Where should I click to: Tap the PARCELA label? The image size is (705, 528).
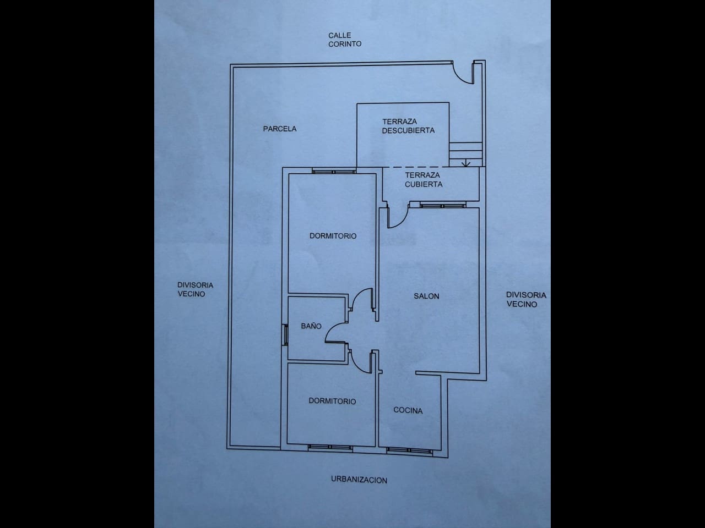point(280,129)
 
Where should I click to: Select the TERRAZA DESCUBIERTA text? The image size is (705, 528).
point(408,126)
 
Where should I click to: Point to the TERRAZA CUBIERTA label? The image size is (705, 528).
point(424,180)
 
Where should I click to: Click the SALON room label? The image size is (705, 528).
point(427,296)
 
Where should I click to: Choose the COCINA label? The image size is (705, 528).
point(408,410)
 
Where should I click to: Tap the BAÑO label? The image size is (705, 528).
point(311,326)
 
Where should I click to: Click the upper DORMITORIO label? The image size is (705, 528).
point(333,236)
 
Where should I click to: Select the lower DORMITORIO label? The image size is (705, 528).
point(332,401)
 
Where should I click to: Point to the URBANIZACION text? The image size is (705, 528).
point(359,480)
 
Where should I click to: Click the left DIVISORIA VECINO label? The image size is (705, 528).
point(195,289)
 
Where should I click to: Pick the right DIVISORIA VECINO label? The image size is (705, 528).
point(526,299)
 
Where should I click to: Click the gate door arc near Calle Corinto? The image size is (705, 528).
point(463,74)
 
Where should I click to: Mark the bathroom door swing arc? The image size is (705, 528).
point(334,332)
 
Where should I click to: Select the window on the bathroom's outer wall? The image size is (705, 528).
point(285,334)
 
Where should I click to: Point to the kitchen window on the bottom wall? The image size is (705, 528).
point(408,450)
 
